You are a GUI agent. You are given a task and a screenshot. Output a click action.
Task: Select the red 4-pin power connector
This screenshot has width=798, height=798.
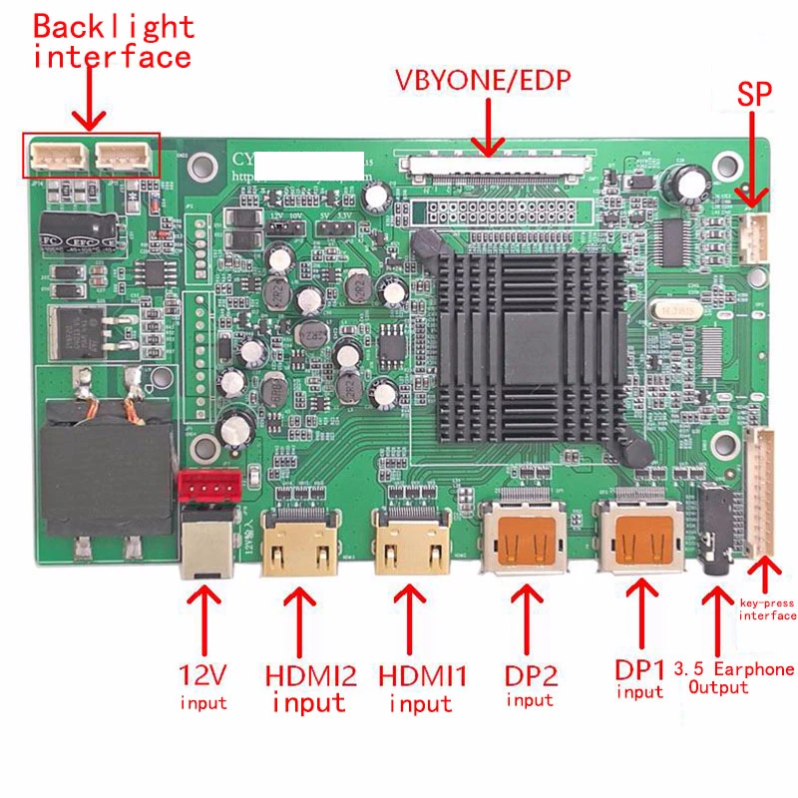pos(207,486)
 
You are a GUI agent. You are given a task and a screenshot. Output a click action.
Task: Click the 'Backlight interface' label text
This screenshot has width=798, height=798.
pos(111,42)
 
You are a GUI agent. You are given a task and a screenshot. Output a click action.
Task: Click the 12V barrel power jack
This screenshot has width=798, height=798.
pos(203,544)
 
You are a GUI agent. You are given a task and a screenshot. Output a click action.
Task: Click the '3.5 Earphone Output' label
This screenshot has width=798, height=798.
pos(734,677)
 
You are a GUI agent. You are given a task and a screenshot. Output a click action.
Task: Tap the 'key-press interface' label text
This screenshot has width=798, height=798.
pos(767,609)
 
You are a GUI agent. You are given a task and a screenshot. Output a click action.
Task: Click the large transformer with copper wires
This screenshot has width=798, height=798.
pos(106,449)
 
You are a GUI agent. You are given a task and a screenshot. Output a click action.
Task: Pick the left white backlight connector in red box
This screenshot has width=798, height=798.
pos(55,155)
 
